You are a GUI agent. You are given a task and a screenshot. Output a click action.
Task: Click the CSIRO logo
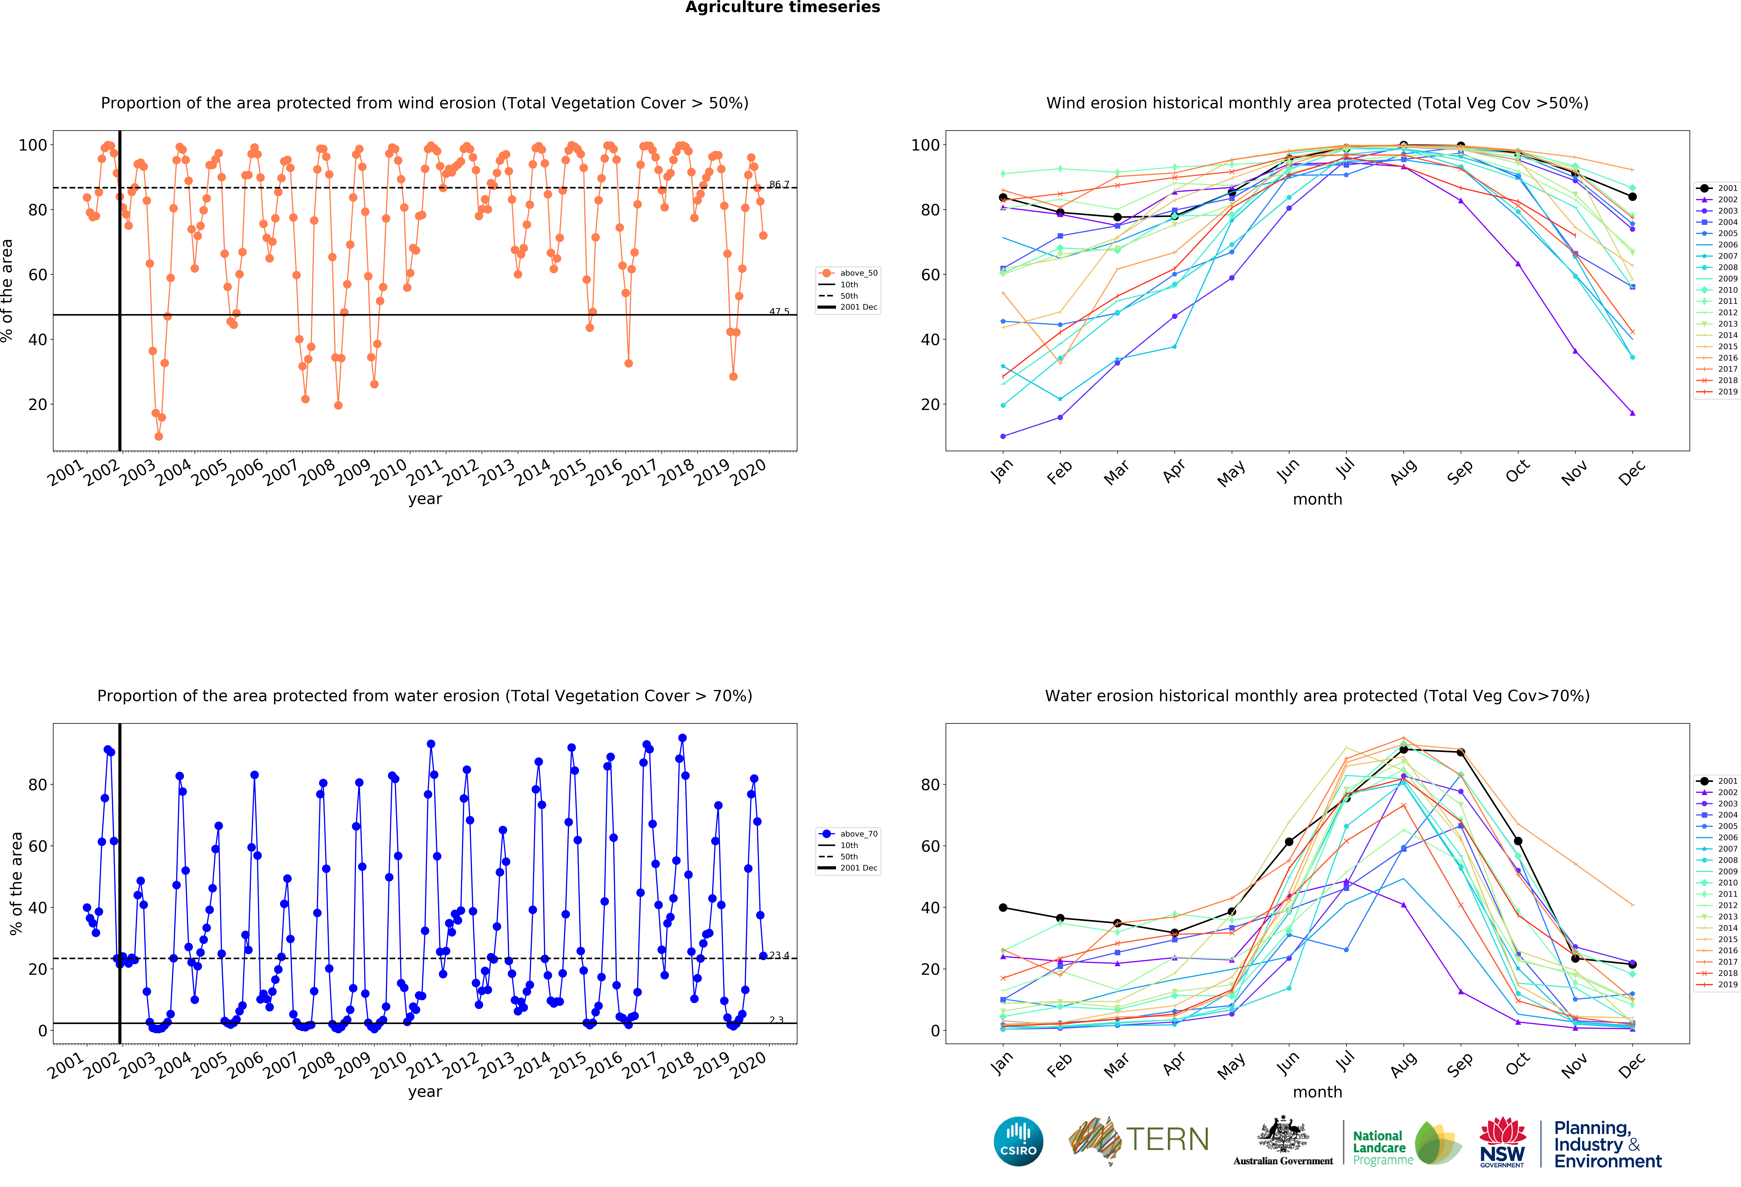tap(1018, 1141)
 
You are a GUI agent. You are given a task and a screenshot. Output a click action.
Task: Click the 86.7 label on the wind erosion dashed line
tap(779, 184)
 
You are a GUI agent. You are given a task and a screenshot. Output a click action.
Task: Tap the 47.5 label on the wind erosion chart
tap(779, 312)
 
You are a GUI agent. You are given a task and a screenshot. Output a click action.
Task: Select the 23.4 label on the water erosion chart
tap(779, 955)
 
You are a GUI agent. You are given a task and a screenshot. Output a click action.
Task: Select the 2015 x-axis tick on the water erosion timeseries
tap(569, 1064)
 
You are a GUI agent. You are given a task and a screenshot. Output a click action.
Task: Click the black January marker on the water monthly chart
tap(1003, 907)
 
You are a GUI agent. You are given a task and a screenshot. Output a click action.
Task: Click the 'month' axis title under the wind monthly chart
tap(1317, 499)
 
